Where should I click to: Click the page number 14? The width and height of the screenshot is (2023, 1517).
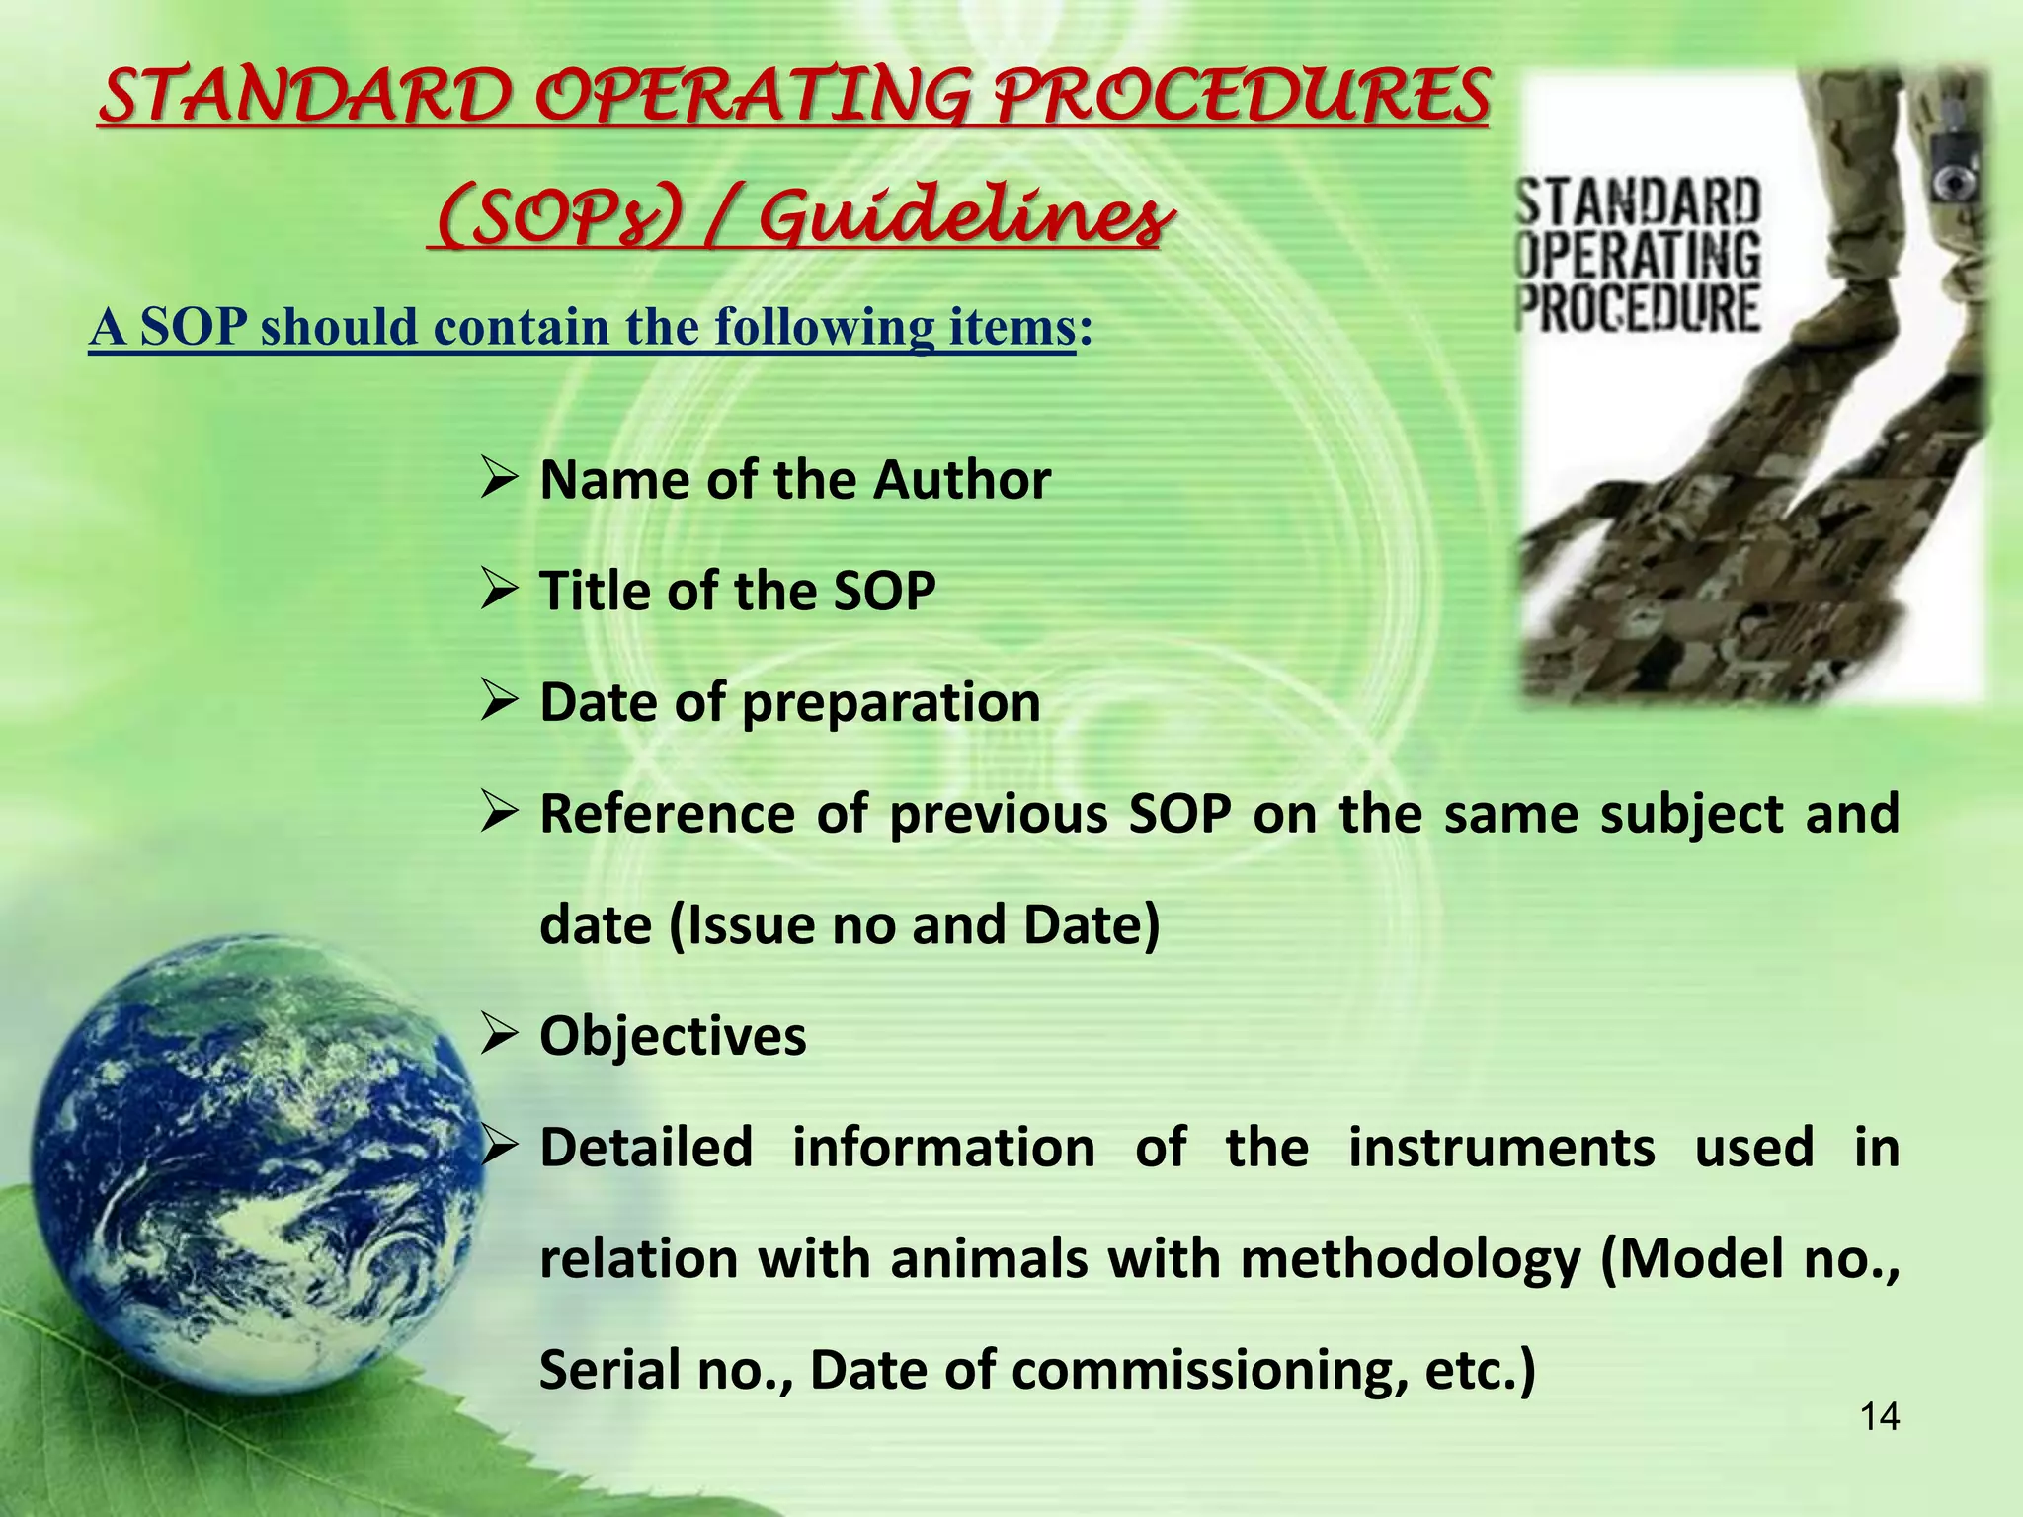1879,1417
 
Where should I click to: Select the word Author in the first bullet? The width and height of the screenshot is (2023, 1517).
961,481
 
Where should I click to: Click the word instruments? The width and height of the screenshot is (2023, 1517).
1501,1149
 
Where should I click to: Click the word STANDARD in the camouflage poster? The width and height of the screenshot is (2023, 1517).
1640,203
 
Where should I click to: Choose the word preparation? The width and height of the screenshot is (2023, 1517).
890,703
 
